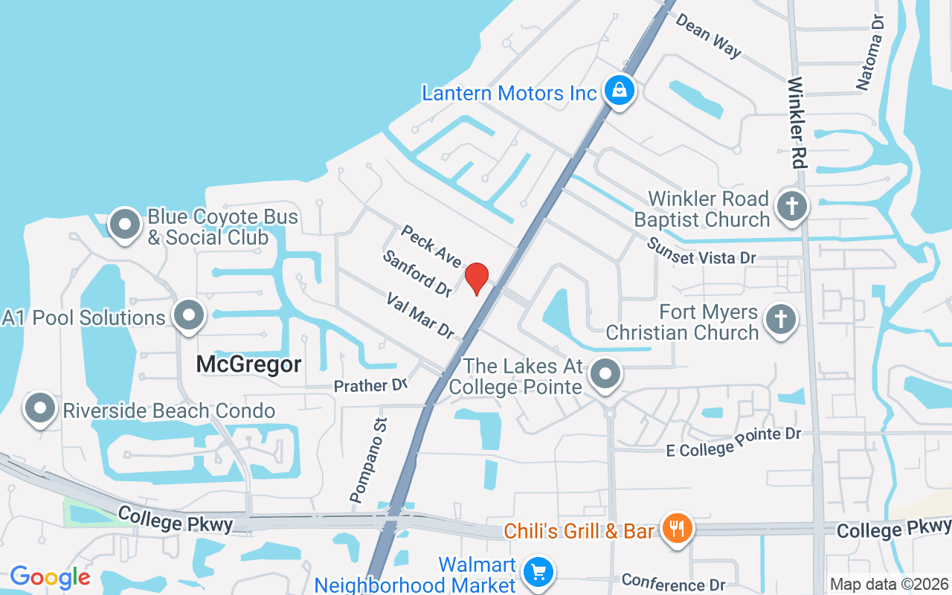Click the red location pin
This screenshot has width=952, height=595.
click(x=476, y=278)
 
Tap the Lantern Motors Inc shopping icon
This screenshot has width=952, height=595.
click(x=618, y=91)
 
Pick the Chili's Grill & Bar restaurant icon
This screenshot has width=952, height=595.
click(x=677, y=530)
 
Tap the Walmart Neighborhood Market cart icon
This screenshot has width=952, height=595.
click(x=537, y=573)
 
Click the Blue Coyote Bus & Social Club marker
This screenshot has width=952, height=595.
click(x=125, y=225)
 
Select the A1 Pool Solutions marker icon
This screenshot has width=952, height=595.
click(x=189, y=316)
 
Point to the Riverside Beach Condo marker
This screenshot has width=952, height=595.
click(x=40, y=409)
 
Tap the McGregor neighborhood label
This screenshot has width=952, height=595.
click(x=248, y=364)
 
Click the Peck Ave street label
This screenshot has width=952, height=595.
click(x=431, y=245)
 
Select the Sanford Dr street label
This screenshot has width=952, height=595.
click(x=417, y=274)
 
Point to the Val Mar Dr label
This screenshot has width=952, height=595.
click(x=420, y=315)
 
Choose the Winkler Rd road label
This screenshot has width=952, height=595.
click(x=796, y=123)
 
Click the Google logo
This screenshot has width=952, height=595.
click(x=50, y=577)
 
